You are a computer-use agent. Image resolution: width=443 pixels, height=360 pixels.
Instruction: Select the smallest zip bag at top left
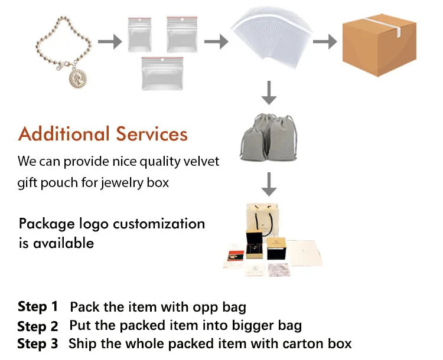tap(140, 34)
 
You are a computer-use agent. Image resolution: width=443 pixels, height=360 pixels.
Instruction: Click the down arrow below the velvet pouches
tap(269, 185)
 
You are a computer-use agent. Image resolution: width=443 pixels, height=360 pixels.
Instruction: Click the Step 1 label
tap(38, 307)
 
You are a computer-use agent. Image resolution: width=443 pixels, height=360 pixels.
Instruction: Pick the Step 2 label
tap(38, 326)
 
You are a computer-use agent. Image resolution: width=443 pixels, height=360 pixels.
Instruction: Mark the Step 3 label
tap(38, 344)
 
